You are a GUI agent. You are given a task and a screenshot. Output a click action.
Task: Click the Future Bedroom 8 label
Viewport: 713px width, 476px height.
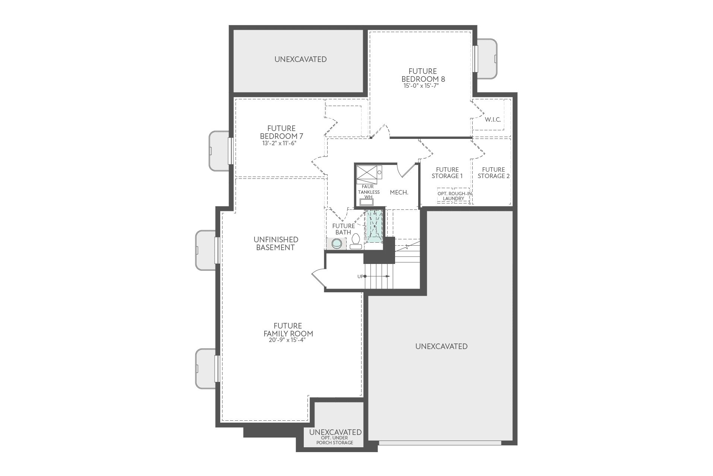(x=423, y=75)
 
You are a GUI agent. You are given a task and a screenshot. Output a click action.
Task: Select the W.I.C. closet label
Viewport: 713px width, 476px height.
(x=493, y=119)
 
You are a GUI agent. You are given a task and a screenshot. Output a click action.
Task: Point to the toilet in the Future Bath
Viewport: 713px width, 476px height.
(x=356, y=241)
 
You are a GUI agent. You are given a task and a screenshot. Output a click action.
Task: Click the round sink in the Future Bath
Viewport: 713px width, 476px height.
(x=337, y=244)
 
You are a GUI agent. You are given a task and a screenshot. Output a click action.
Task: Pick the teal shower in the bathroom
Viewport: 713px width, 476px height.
(x=375, y=226)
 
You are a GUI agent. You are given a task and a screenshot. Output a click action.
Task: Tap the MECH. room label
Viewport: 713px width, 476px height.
(x=399, y=192)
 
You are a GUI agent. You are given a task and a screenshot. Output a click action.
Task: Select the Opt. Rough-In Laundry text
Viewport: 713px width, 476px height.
(x=454, y=196)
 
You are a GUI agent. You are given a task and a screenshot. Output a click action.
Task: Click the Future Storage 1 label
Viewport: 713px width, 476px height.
(x=447, y=172)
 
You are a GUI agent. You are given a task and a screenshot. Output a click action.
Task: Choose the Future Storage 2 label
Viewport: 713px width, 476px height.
(x=493, y=172)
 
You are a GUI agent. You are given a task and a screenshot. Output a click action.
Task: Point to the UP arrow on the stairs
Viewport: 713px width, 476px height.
(x=377, y=276)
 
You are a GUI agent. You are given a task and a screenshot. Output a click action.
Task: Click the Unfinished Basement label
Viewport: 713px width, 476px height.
(x=275, y=243)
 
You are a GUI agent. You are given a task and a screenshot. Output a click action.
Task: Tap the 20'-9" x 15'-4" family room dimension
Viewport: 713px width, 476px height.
(x=287, y=340)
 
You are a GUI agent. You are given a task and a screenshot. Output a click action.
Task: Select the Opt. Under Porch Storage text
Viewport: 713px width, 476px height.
(x=335, y=440)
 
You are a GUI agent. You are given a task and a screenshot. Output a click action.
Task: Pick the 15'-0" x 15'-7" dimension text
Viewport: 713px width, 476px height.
(x=423, y=86)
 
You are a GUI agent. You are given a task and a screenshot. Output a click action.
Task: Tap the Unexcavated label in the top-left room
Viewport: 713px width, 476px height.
(x=300, y=59)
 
